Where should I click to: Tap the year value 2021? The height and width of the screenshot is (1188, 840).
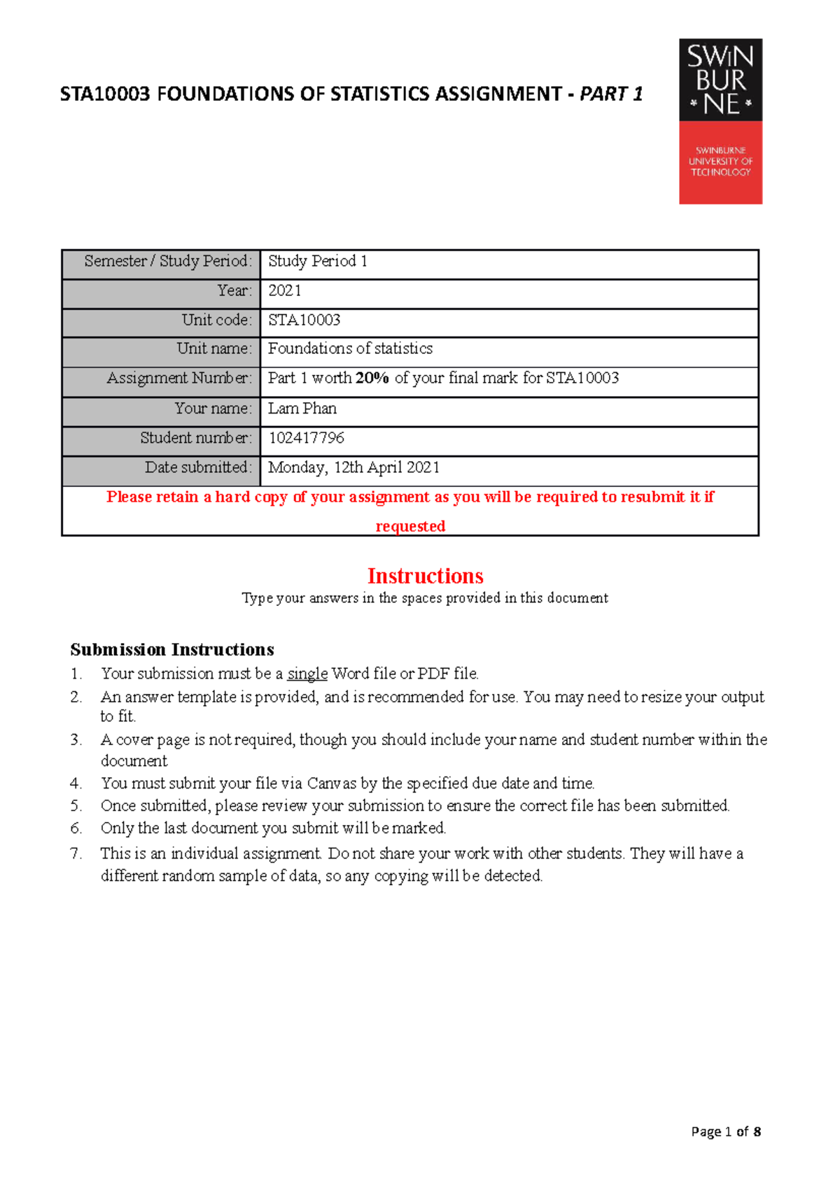point(285,291)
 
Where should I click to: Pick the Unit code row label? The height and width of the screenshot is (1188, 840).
point(216,320)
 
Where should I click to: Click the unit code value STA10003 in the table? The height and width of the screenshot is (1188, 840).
point(304,320)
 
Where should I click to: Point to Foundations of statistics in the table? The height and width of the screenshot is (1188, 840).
point(350,348)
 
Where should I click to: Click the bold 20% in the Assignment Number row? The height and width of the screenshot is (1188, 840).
point(372,379)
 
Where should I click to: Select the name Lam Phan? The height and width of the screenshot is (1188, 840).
point(302,409)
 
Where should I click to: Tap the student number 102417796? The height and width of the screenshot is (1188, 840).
point(307,438)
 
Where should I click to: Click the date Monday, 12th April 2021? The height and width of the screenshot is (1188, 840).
point(353,467)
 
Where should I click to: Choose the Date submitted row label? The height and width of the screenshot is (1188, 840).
point(197,467)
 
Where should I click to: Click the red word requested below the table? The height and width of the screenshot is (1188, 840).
point(410,526)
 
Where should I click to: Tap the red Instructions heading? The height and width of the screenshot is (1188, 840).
point(425,576)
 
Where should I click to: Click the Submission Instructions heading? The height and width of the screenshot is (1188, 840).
point(172,650)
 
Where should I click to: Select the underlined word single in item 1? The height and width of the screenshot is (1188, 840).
point(307,674)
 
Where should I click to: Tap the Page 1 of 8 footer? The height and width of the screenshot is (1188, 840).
point(725,1131)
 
